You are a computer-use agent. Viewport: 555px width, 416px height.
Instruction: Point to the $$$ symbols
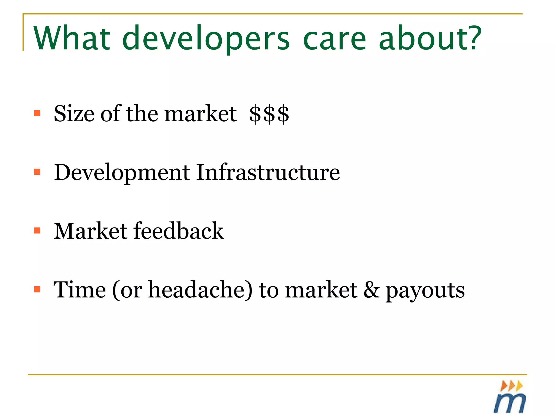[269, 114]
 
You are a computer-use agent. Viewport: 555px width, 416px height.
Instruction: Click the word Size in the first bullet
[74, 113]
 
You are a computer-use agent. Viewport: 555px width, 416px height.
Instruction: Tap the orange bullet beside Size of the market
[37, 113]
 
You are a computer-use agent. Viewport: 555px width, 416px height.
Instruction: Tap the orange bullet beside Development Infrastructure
[37, 172]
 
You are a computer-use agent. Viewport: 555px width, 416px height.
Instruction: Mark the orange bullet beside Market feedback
[37, 231]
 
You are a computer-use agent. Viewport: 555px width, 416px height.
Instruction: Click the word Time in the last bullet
[80, 290]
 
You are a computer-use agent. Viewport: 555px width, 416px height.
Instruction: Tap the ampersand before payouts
[372, 290]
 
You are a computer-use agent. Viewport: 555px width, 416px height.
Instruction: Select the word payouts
[425, 291]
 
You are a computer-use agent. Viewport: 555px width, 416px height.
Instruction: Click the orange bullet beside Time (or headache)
[37, 290]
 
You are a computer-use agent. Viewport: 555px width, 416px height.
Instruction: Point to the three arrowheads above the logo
[511, 385]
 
